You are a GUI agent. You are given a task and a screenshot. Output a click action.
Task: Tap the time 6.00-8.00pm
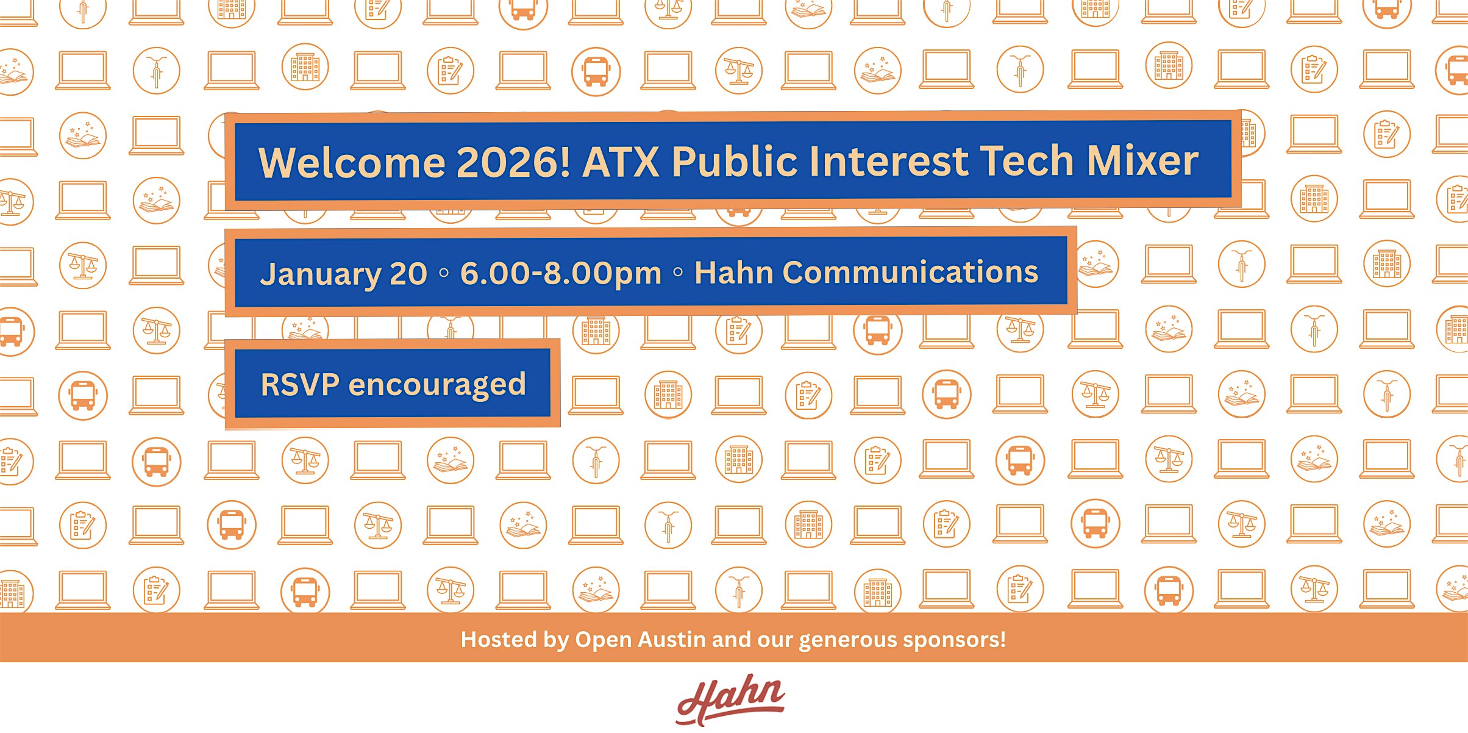pyautogui.click(x=561, y=273)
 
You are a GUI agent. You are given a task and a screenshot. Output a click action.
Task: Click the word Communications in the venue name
pyautogui.click(x=910, y=272)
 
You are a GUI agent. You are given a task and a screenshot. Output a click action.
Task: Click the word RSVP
pyautogui.click(x=300, y=385)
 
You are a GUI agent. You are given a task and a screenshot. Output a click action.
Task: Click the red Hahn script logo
pyautogui.click(x=730, y=699)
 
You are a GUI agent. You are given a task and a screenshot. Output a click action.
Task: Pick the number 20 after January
pyautogui.click(x=408, y=274)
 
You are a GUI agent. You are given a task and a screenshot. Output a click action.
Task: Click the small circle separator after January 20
pyautogui.click(x=444, y=273)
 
